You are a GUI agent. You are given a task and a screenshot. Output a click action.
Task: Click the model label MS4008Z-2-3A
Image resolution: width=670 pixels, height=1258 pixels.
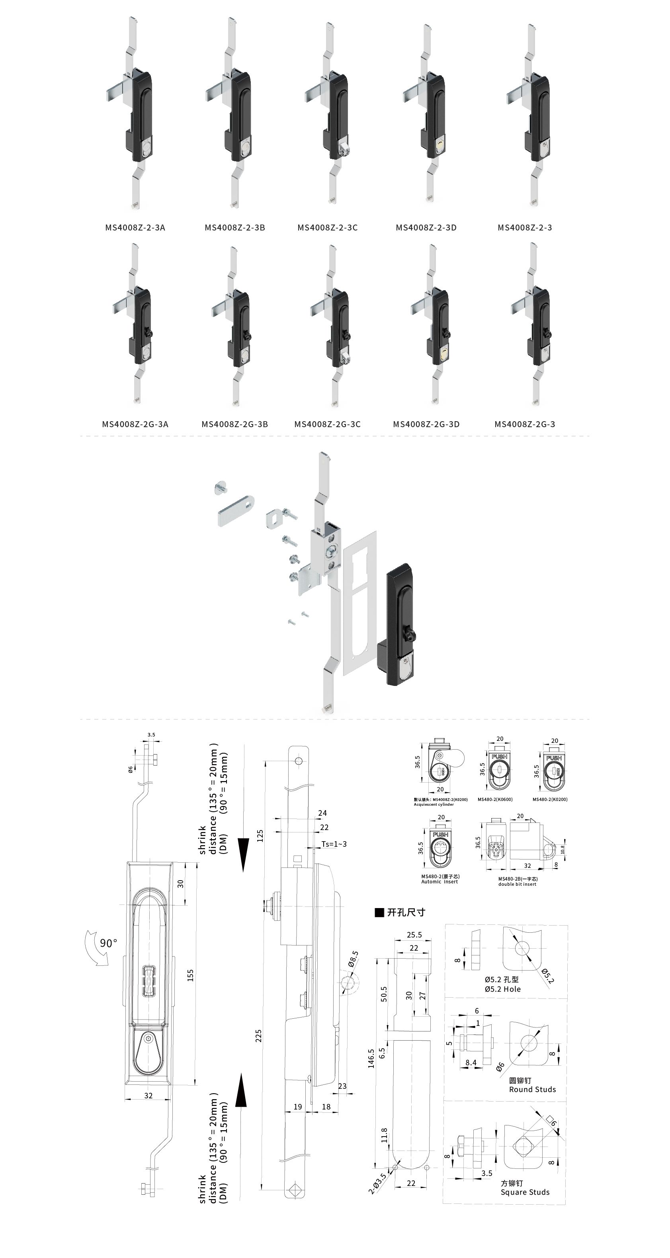click(135, 228)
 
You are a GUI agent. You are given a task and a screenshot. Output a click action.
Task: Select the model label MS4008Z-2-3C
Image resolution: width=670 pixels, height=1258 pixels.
click(327, 228)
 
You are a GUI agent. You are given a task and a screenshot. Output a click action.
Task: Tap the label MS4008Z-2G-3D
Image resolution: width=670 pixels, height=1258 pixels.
click(426, 424)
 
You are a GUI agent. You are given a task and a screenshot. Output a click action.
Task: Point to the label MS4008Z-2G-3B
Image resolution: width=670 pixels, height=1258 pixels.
click(234, 424)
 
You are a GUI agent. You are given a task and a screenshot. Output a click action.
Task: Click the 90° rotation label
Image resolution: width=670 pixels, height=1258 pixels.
click(108, 943)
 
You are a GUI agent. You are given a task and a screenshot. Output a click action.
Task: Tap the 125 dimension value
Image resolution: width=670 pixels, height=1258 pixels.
click(260, 836)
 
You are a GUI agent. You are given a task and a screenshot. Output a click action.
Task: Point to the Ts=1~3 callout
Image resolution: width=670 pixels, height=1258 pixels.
click(334, 844)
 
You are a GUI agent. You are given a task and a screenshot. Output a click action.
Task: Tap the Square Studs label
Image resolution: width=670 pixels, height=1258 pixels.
click(525, 1192)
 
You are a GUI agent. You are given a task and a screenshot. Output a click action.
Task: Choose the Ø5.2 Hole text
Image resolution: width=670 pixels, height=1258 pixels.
click(502, 989)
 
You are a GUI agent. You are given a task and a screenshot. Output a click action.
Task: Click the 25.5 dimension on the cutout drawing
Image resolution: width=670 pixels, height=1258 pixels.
click(414, 935)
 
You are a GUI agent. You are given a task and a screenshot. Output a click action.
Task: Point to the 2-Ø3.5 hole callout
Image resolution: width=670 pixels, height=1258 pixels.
click(377, 1182)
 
